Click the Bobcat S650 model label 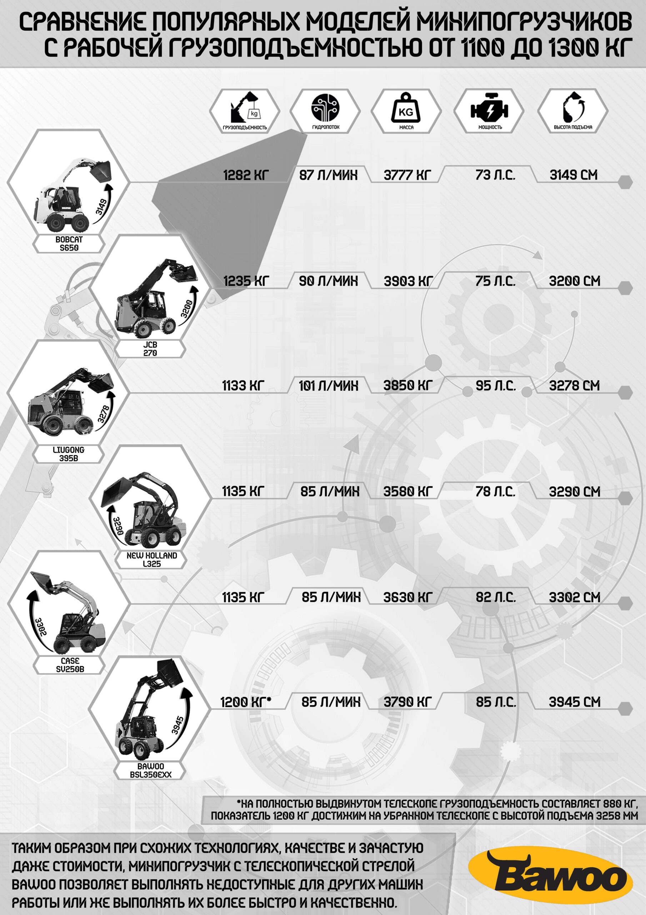point(69,243)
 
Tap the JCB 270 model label point(150,349)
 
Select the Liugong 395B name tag point(69,454)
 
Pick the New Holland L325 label point(152,559)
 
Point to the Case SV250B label point(70,665)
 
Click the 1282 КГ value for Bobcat point(246,175)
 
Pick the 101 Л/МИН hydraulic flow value point(329,386)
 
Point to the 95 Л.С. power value point(495,385)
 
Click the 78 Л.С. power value point(495,491)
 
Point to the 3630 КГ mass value point(408,597)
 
